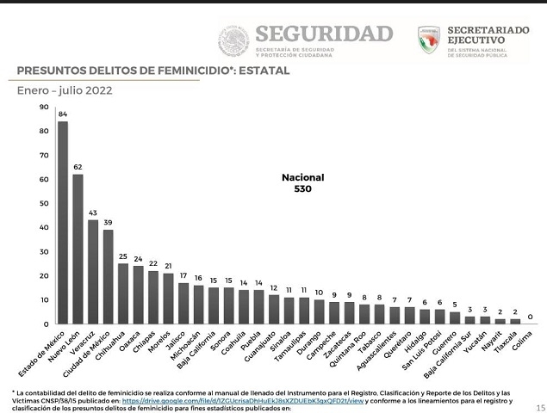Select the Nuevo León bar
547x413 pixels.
coord(78,249)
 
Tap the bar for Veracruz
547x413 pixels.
coord(93,271)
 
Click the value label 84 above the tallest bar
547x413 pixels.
coord(63,114)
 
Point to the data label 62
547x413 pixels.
coord(78,167)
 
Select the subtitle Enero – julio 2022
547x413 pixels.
coord(65,89)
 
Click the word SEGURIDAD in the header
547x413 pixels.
coord(324,34)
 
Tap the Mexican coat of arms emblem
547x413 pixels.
coord(233,40)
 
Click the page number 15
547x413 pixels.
coord(540,408)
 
